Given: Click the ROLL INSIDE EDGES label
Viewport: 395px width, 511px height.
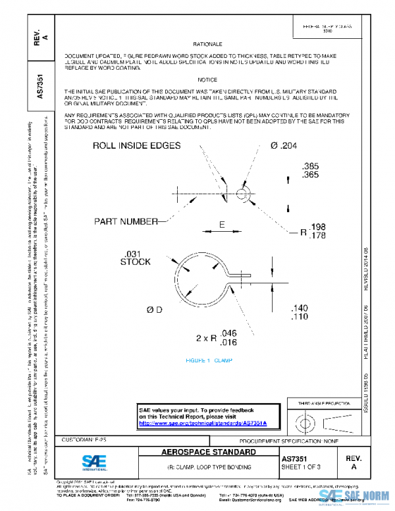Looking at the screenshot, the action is (x=136, y=146).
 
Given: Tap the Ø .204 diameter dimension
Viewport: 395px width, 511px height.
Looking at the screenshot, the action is (x=281, y=146).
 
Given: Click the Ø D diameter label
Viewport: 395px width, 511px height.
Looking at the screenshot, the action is (x=155, y=309).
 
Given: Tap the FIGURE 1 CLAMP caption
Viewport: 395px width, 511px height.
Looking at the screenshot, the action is (x=209, y=361).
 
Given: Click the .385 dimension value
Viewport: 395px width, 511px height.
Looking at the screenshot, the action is (x=309, y=166).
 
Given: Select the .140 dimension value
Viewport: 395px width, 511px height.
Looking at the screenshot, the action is (x=300, y=308).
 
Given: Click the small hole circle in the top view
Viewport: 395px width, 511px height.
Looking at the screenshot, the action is (x=242, y=193).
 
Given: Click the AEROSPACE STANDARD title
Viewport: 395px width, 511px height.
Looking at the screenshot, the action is (x=209, y=452).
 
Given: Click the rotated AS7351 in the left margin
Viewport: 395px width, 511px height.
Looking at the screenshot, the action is (x=41, y=86).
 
